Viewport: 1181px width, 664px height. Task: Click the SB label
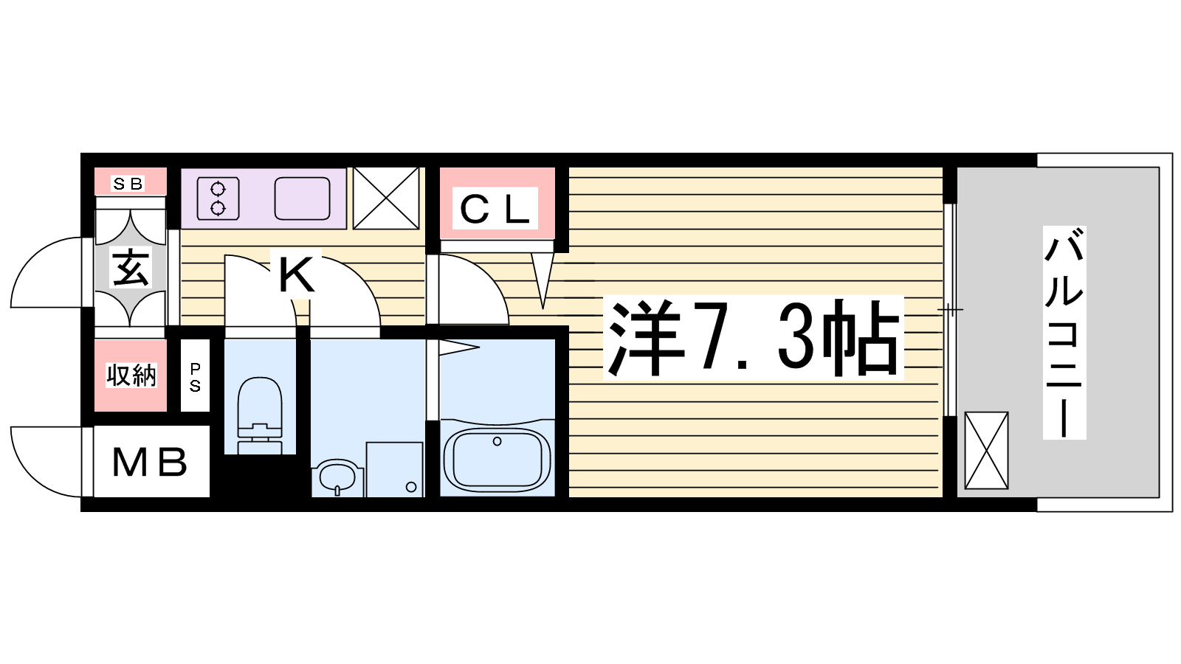click(128, 184)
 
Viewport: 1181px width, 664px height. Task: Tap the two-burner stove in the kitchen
click(218, 198)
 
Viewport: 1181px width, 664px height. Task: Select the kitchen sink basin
click(302, 198)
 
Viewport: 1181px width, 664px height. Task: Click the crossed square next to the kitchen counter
click(386, 198)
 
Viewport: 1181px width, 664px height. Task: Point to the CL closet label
click(495, 210)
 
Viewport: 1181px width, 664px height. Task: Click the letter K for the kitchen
click(296, 274)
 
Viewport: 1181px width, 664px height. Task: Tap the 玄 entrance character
click(130, 268)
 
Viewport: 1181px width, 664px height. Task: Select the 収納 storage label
click(131, 376)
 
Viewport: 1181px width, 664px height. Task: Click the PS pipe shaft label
click(195, 377)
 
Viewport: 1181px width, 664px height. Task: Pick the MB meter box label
click(150, 462)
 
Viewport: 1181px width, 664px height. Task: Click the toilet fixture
click(259, 415)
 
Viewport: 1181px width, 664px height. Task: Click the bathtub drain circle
click(497, 442)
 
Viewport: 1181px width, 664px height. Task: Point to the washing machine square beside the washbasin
click(394, 469)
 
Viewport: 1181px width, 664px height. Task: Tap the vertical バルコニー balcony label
click(1064, 333)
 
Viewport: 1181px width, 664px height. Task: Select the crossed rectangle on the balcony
click(986, 451)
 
